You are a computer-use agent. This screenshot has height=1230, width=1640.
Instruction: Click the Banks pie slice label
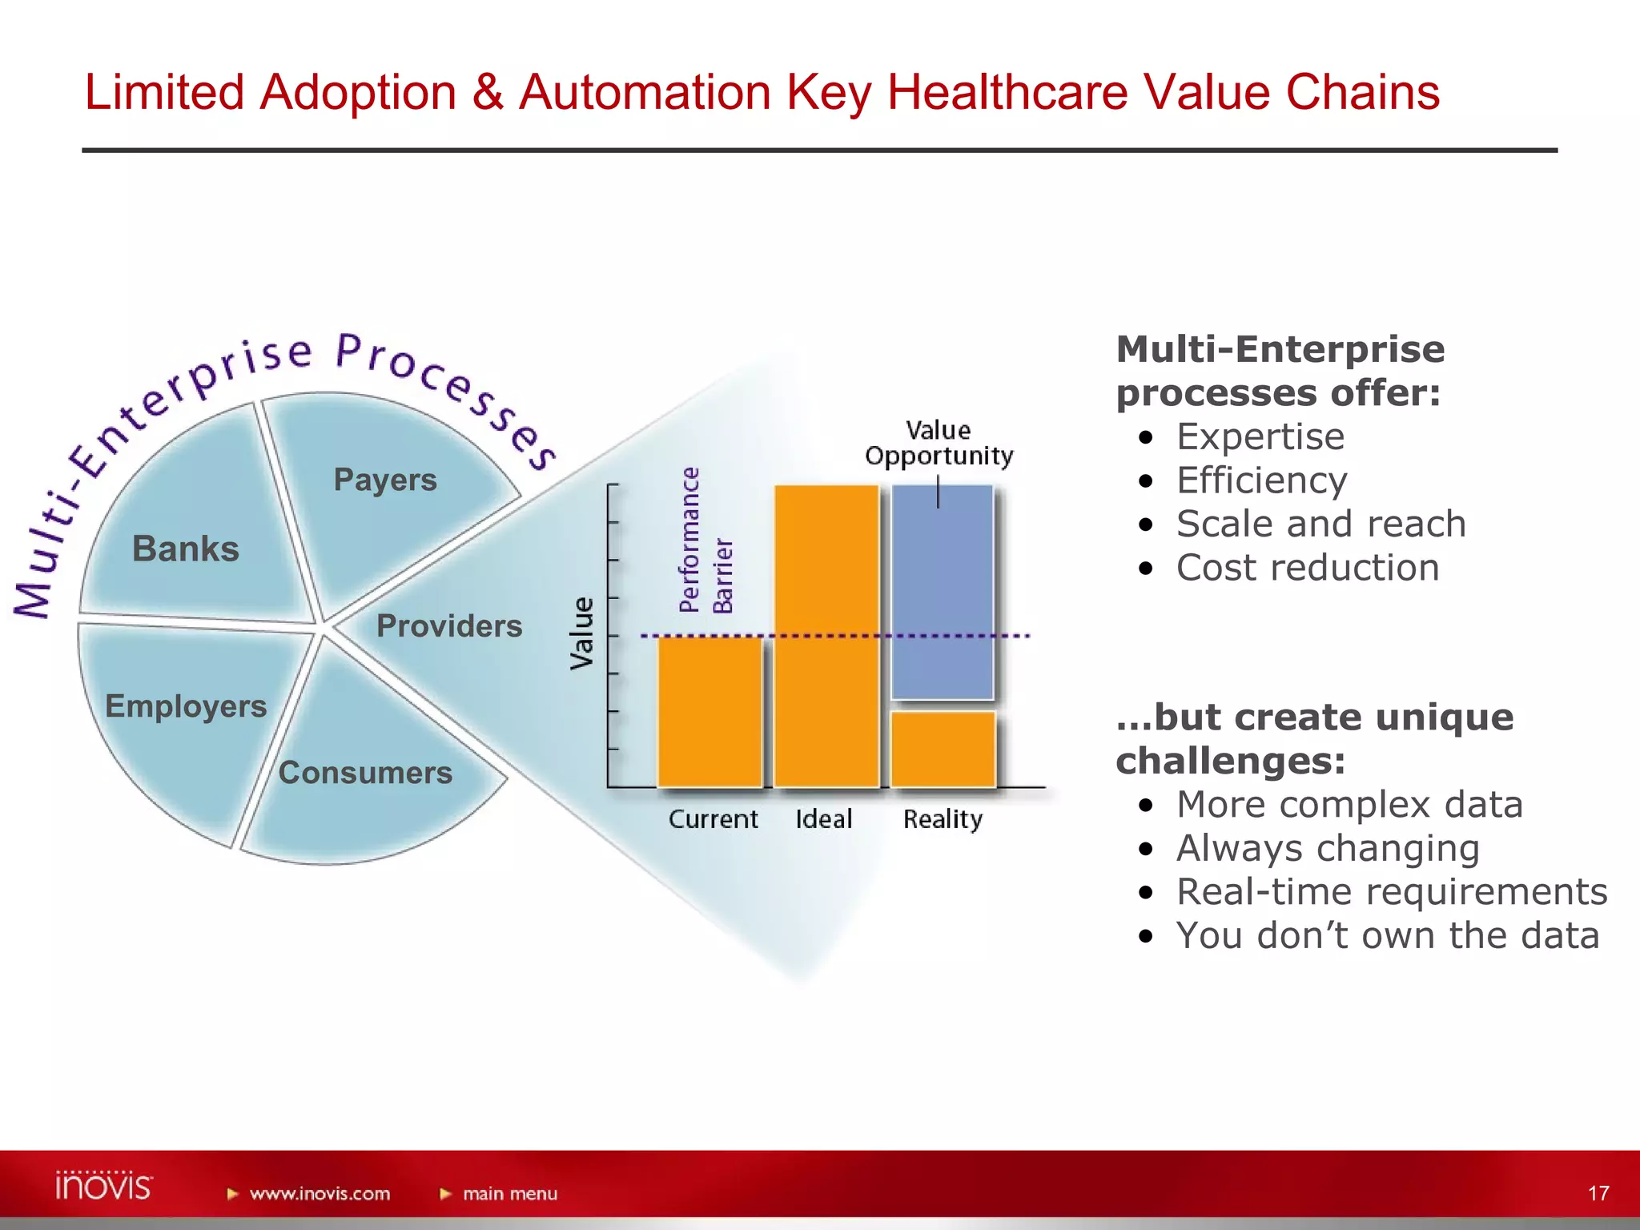[x=186, y=549]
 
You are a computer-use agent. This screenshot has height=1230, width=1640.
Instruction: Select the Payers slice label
[x=385, y=480]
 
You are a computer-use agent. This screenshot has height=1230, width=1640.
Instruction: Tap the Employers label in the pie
[x=186, y=706]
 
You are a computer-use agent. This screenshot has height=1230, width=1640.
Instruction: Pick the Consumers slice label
[x=365, y=773]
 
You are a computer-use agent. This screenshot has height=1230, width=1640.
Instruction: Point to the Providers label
[x=449, y=626]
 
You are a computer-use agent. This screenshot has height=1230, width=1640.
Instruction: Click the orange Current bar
[x=709, y=711]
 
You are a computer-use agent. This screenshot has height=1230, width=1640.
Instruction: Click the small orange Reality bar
[x=943, y=749]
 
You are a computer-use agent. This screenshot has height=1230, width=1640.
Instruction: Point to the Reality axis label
[x=943, y=819]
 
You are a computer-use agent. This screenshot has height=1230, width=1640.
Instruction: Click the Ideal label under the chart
[x=823, y=819]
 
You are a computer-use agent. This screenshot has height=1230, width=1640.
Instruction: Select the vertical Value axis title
[x=582, y=633]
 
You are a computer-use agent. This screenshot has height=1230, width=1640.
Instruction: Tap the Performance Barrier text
[x=705, y=541]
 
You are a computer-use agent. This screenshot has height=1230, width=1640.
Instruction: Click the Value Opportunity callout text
[x=939, y=443]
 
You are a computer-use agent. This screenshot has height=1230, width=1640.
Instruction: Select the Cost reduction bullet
[x=1307, y=568]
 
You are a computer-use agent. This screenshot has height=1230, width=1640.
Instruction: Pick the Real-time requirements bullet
[x=1391, y=892]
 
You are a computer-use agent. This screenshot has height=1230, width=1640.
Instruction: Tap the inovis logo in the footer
[x=103, y=1186]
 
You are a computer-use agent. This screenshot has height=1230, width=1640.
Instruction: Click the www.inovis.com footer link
[x=319, y=1194]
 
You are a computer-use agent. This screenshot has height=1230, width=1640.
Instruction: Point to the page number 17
[x=1598, y=1193]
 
